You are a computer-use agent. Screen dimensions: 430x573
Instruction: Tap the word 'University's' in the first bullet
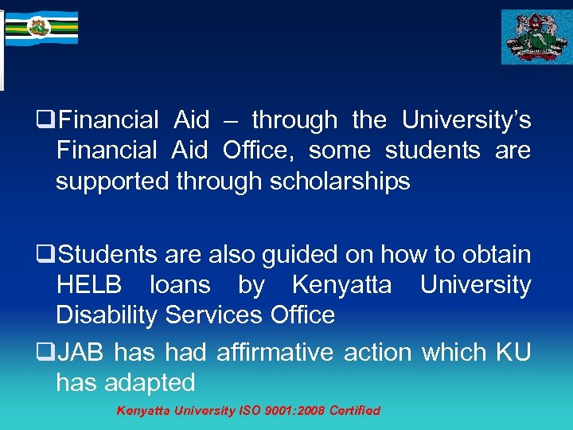tap(466, 121)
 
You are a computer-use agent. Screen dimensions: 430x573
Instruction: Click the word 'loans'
tap(180, 285)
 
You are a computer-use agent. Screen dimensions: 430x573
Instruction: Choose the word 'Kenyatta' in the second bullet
tap(341, 285)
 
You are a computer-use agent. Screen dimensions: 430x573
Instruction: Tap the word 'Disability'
tap(107, 315)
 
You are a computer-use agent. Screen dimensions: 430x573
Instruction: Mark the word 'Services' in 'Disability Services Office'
tap(212, 315)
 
